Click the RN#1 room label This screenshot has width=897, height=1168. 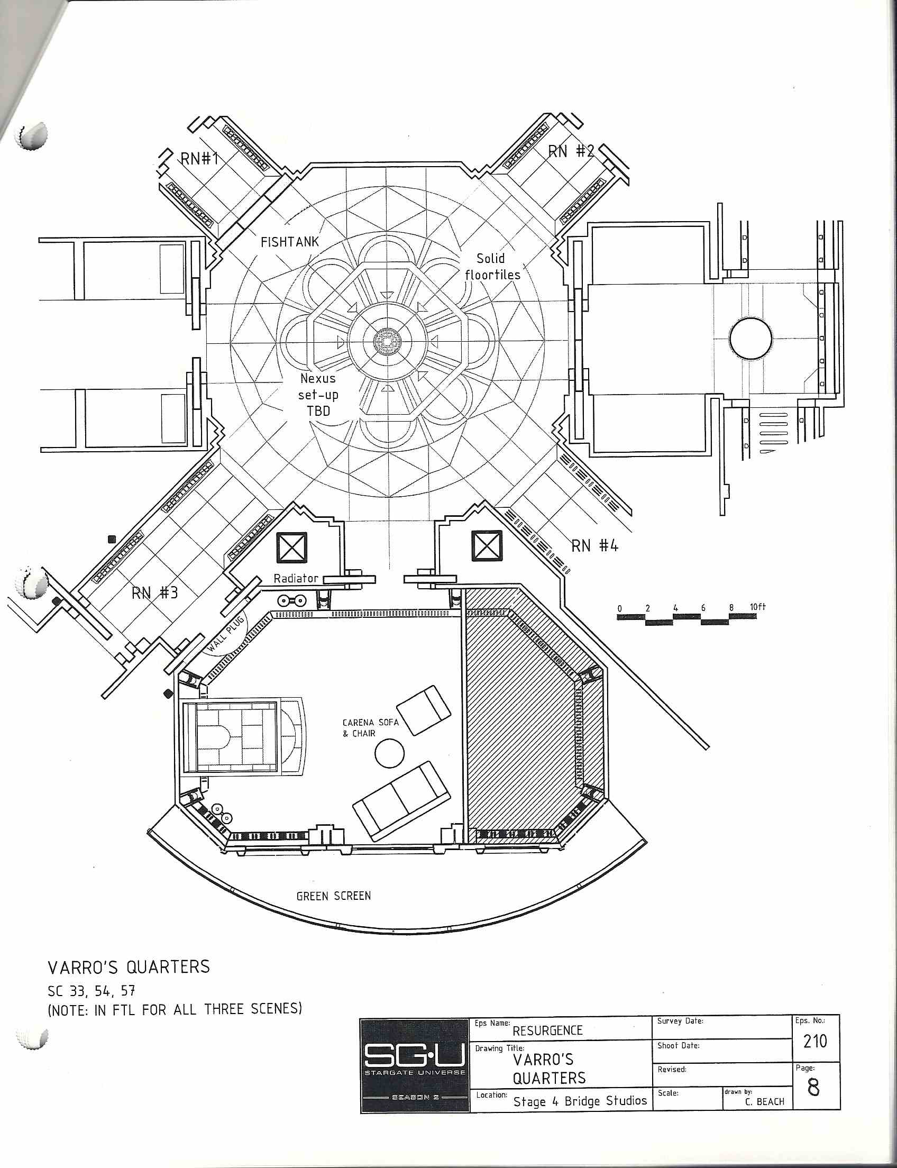coord(200,159)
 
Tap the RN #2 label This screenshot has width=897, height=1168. coord(571,152)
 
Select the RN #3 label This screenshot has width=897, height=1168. coord(155,593)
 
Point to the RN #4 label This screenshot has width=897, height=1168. coord(595,546)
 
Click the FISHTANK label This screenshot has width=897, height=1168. coord(289,242)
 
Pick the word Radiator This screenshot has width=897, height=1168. coord(296,578)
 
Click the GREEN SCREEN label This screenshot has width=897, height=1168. coord(334,896)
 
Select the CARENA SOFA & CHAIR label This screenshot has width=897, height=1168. coord(371,728)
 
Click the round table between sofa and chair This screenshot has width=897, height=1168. coord(390,753)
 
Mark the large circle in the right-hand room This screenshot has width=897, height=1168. coord(750,338)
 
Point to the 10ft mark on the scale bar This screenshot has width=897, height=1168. coord(757,607)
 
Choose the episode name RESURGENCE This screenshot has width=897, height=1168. coord(547,1031)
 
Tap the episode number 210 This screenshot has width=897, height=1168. coord(816,1041)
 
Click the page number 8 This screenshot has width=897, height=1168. coord(814,1088)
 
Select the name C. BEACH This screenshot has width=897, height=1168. coord(765,1102)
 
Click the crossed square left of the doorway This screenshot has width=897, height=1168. coord(291,547)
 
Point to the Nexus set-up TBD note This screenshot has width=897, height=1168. coord(318,395)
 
